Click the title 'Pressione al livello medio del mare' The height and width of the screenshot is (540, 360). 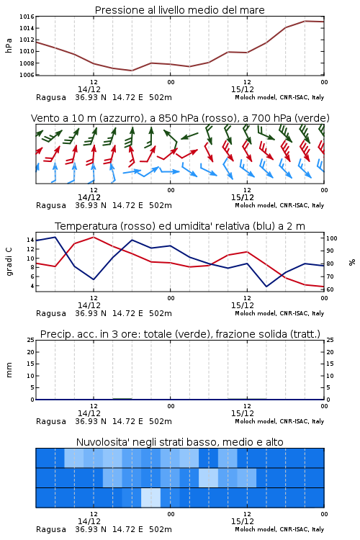click(x=179, y=10)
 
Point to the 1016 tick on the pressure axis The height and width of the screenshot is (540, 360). click(x=27, y=17)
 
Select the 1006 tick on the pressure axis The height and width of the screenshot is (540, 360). click(x=27, y=75)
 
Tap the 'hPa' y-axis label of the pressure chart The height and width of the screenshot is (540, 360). click(x=9, y=45)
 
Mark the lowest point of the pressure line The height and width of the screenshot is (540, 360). click(x=132, y=71)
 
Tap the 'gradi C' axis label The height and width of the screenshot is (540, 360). click(x=9, y=261)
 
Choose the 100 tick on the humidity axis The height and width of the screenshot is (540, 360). click(x=332, y=238)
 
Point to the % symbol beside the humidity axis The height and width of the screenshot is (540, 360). click(x=352, y=262)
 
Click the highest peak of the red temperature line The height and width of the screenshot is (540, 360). click(x=94, y=237)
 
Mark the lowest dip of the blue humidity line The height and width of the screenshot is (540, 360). click(x=266, y=287)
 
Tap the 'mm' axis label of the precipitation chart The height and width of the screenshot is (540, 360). click(x=9, y=370)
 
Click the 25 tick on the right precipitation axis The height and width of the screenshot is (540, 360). click(x=330, y=340)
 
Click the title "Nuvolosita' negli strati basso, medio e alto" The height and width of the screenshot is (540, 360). click(x=179, y=442)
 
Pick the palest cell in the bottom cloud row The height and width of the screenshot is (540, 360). click(x=151, y=498)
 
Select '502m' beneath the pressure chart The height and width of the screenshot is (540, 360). click(x=160, y=97)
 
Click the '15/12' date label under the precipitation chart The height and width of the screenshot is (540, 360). click(x=243, y=413)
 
